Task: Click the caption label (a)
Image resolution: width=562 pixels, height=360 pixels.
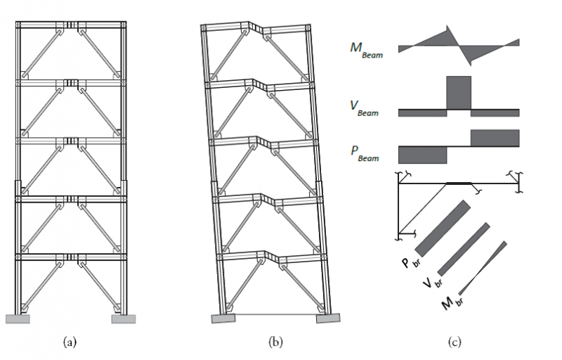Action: click(x=70, y=342)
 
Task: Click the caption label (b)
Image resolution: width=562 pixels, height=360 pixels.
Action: click(x=275, y=342)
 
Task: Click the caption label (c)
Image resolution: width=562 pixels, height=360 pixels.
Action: click(x=455, y=342)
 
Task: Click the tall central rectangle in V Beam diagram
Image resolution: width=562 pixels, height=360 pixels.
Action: click(x=458, y=92)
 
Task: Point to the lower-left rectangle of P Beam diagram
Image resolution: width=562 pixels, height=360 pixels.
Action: click(x=422, y=154)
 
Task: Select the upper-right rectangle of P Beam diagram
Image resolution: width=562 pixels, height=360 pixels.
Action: click(x=495, y=138)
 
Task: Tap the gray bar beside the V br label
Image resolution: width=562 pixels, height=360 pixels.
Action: click(x=464, y=249)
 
